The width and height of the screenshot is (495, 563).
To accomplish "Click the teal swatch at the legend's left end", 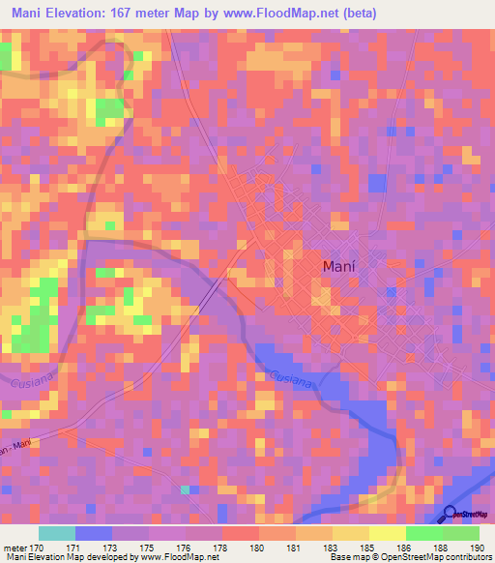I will [56, 533].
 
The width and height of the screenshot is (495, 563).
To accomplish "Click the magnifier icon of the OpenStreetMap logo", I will [450, 513].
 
